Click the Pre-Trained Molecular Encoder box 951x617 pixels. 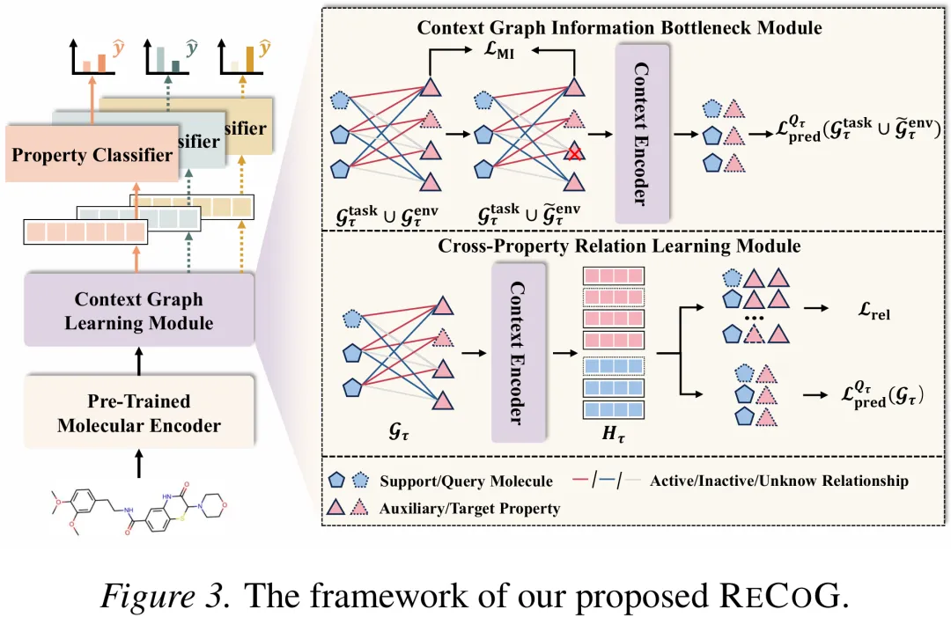(x=139, y=412)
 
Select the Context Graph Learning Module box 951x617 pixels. (x=139, y=311)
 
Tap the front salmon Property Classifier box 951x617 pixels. (x=92, y=154)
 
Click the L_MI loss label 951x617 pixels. (x=498, y=50)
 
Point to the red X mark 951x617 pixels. (x=574, y=153)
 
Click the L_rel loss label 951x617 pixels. (x=874, y=311)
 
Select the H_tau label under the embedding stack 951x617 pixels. (x=613, y=434)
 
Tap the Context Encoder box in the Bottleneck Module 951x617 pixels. (x=642, y=133)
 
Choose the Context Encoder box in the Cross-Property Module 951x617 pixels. (x=519, y=352)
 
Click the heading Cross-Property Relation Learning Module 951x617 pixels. (x=619, y=246)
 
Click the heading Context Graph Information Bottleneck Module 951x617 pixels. (x=619, y=27)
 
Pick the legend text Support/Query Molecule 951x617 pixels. (x=466, y=481)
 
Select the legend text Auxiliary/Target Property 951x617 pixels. (x=469, y=509)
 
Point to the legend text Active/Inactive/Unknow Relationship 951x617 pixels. (x=778, y=481)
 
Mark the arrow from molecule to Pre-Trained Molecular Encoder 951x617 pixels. (x=139, y=464)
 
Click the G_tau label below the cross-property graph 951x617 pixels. (x=399, y=431)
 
